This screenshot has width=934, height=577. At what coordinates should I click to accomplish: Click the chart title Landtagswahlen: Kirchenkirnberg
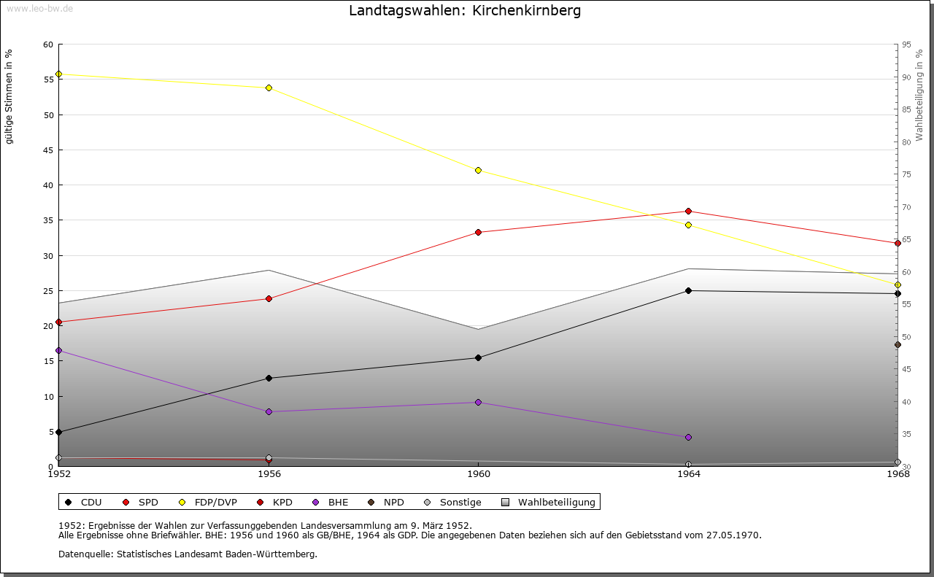click(465, 11)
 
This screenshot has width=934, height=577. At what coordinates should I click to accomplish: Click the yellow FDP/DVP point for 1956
click(269, 88)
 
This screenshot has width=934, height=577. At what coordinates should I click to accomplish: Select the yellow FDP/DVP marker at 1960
click(478, 170)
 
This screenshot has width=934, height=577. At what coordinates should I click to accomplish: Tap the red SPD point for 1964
click(688, 212)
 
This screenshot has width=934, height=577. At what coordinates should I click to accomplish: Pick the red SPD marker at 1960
click(478, 233)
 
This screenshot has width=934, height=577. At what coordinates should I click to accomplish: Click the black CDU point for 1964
click(688, 291)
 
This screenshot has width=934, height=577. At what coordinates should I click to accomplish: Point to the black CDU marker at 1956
click(269, 378)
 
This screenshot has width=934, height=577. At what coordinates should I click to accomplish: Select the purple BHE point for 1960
click(478, 402)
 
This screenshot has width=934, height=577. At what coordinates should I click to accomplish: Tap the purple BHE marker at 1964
click(688, 438)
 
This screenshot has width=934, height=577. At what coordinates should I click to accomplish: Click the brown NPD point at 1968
click(898, 345)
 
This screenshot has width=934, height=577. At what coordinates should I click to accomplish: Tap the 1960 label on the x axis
click(478, 475)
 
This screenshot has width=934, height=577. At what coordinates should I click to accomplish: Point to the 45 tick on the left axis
click(48, 150)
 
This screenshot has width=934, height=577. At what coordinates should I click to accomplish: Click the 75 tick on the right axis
click(906, 174)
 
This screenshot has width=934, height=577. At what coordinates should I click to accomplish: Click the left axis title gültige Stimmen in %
click(9, 96)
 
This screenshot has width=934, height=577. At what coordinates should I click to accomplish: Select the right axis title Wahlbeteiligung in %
click(919, 95)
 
